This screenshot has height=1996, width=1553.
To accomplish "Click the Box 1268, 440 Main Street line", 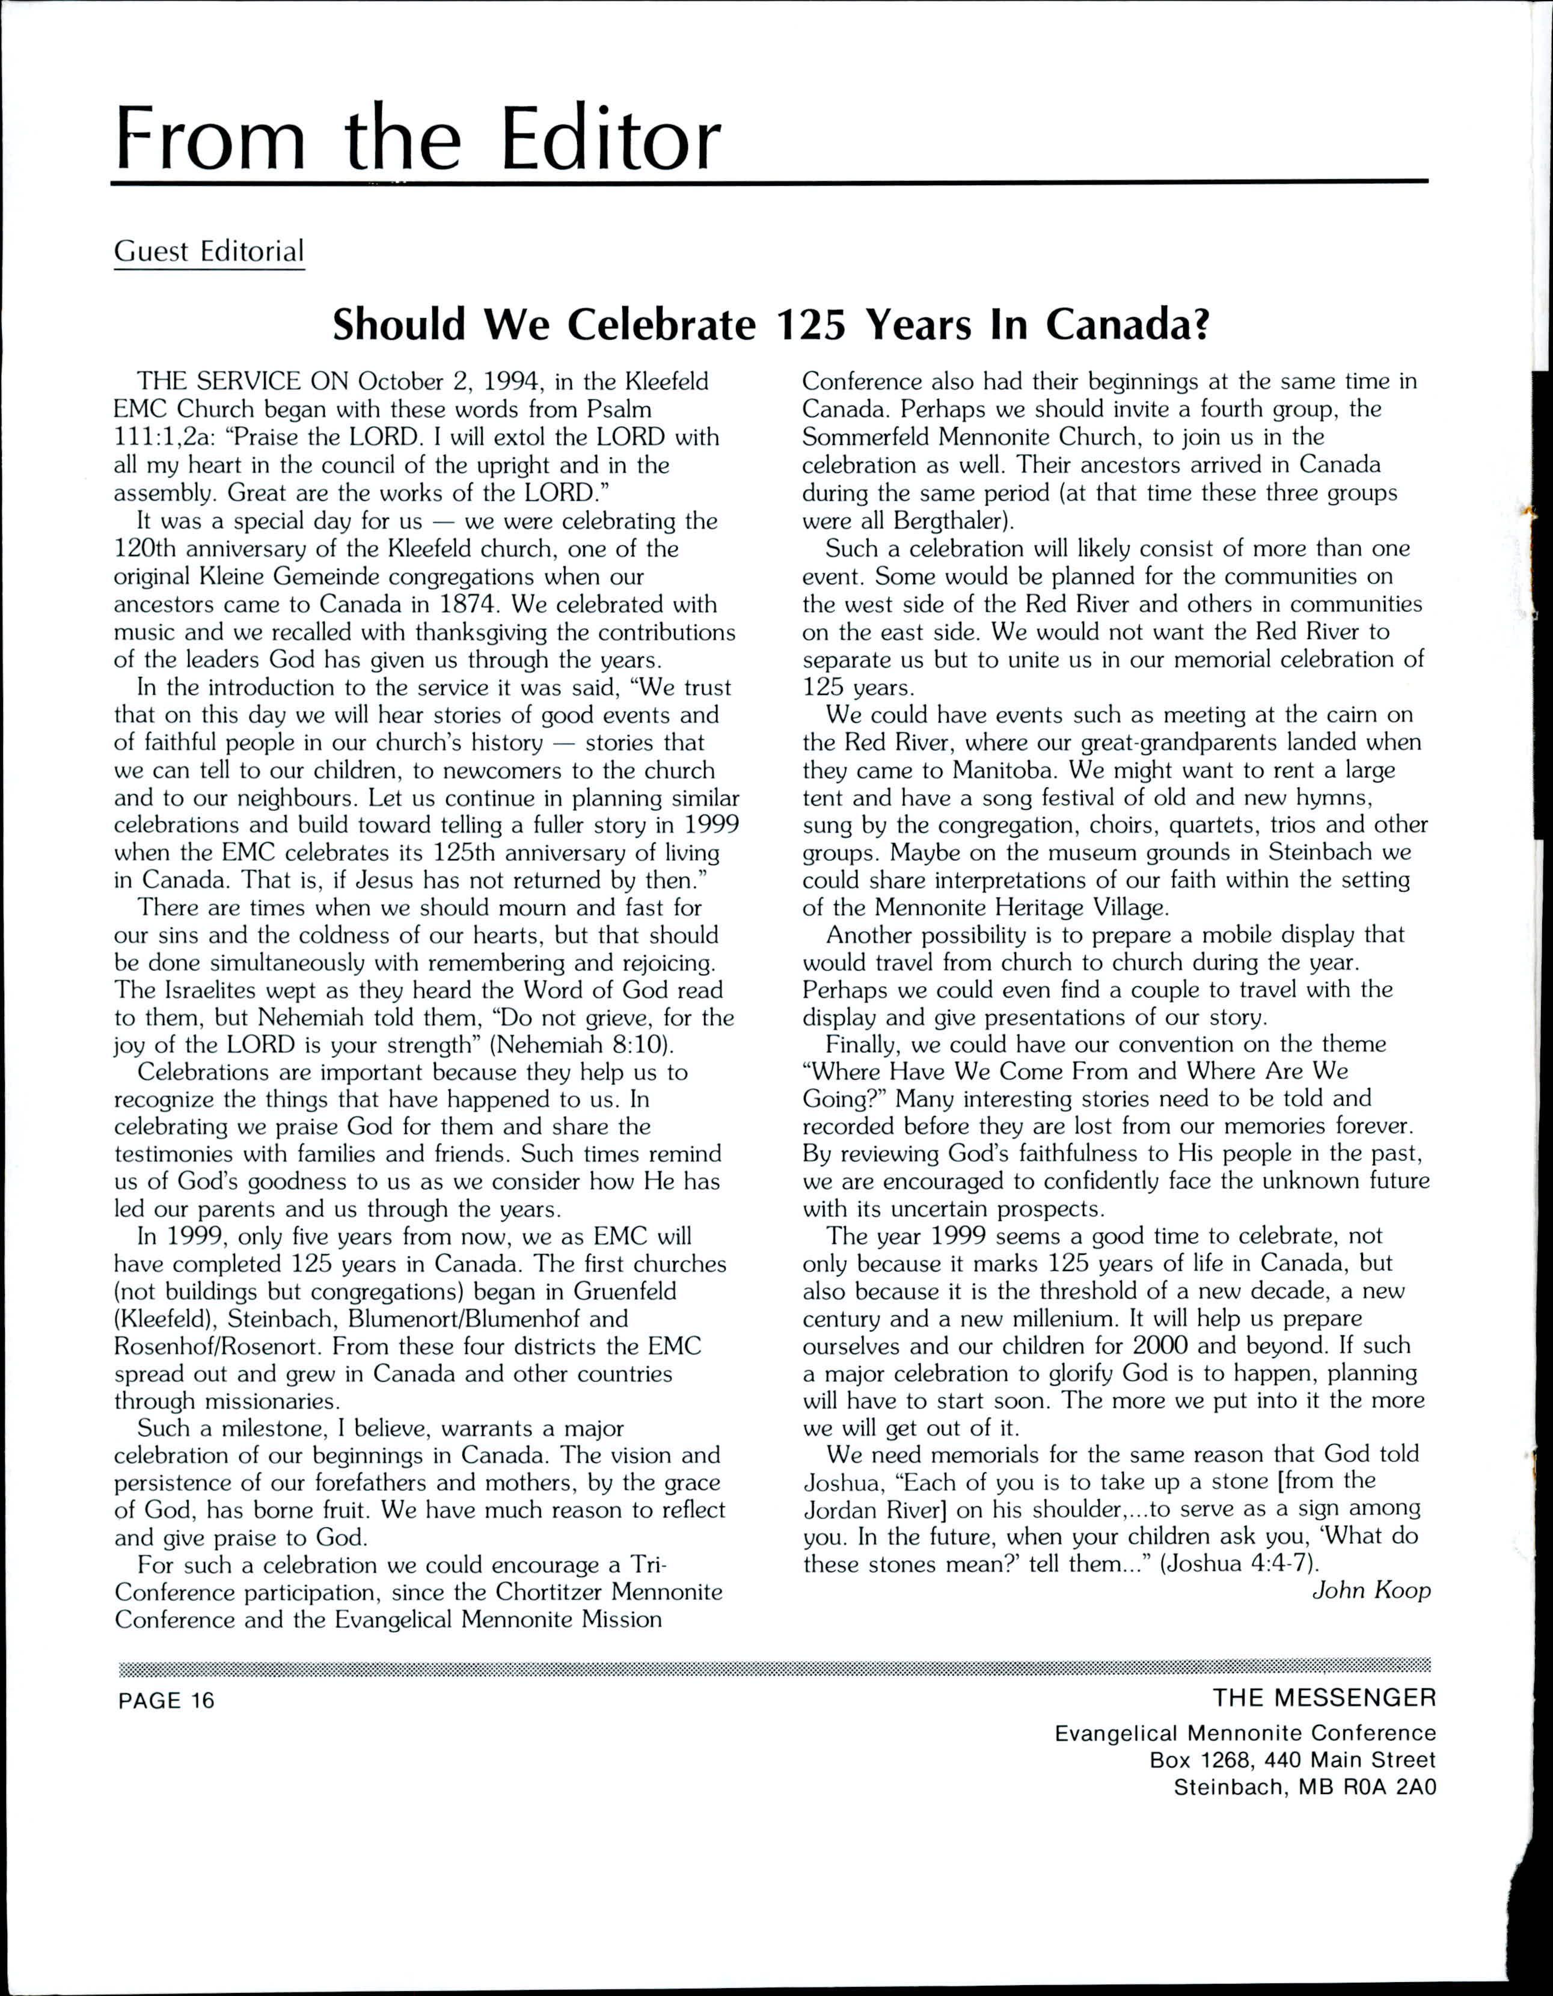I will (x=1293, y=1759).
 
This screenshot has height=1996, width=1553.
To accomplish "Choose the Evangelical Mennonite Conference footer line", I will (x=1245, y=1733).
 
